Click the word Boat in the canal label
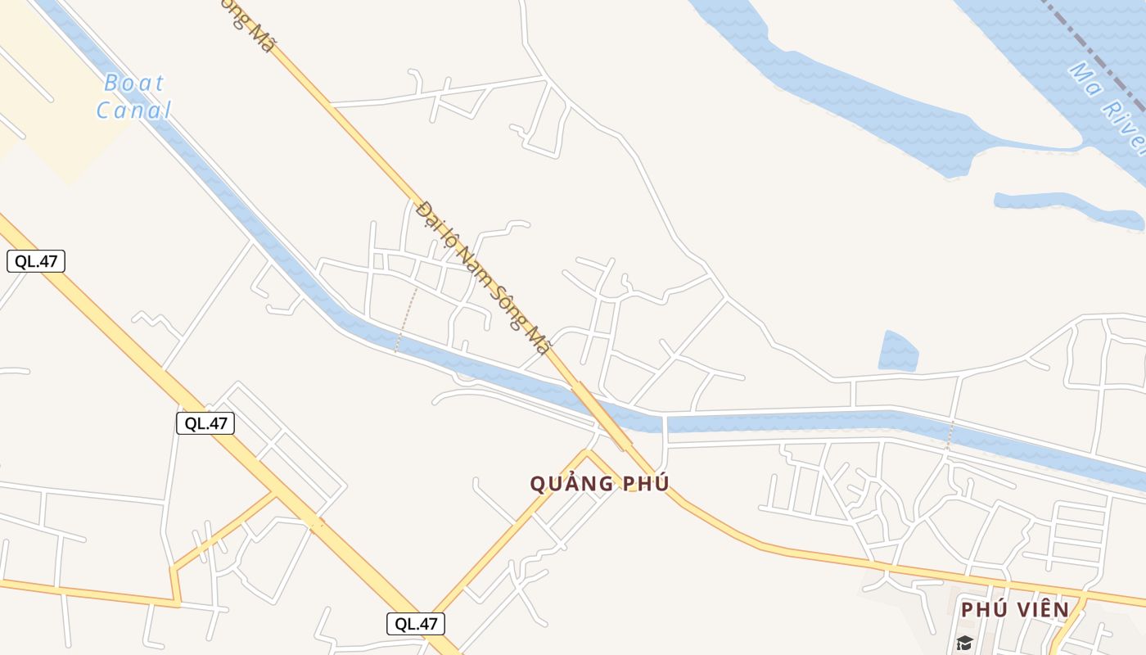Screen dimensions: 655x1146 tap(134, 84)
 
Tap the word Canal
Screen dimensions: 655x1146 tap(134, 110)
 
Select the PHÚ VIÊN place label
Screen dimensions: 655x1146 tap(1015, 610)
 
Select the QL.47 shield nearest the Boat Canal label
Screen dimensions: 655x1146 tap(36, 261)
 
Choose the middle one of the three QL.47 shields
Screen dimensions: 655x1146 tap(205, 423)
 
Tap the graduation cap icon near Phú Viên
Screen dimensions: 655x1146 tap(964, 643)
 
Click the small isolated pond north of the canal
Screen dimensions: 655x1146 tap(898, 352)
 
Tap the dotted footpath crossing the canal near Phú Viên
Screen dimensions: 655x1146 tap(950, 436)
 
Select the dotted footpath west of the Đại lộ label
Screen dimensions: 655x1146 tap(406, 318)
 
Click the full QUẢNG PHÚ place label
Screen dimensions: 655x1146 tap(599, 483)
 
